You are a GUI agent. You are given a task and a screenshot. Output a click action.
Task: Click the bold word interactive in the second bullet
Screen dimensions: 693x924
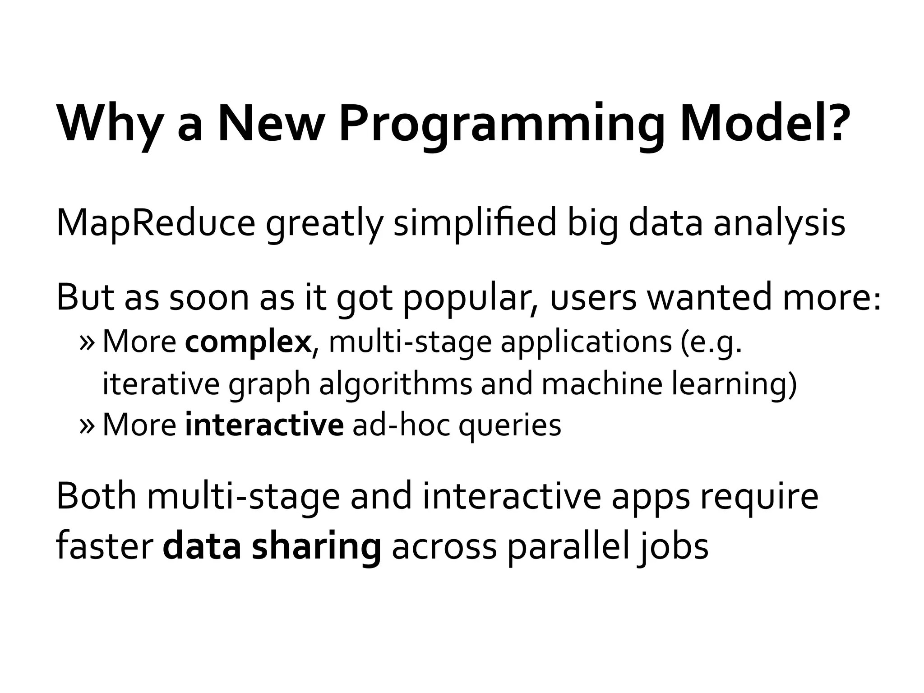tap(264, 425)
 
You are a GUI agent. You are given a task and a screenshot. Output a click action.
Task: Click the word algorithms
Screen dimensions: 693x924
tap(396, 384)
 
